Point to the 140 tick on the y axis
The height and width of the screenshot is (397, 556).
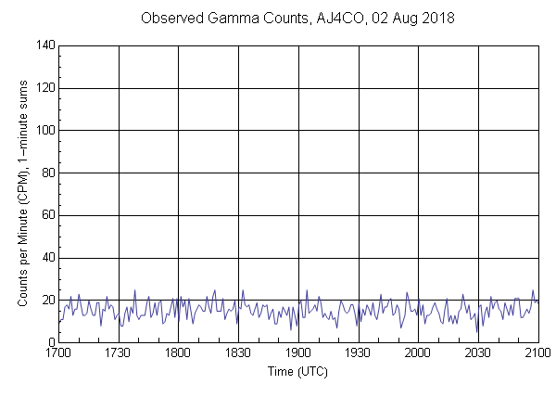tap(44, 45)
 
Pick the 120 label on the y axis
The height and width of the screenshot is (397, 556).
tap(44, 88)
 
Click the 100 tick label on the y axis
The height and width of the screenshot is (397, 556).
tap(44, 131)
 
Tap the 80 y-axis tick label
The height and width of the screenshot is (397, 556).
tap(47, 173)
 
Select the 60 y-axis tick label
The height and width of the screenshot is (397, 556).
tap(47, 216)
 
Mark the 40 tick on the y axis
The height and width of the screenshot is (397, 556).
tap(47, 259)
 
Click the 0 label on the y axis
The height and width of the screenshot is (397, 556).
tap(51, 343)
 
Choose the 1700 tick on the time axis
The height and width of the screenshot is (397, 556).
tap(58, 354)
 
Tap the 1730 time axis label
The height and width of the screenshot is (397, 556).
tap(119, 354)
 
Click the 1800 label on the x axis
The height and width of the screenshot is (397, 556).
tap(178, 354)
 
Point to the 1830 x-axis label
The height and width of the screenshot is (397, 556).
tap(238, 354)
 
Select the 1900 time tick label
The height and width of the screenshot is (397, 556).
tap(298, 354)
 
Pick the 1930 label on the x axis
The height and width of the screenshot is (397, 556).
tap(358, 354)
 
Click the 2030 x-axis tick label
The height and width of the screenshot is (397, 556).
tap(478, 354)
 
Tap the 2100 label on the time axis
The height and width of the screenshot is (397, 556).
tap(537, 354)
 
